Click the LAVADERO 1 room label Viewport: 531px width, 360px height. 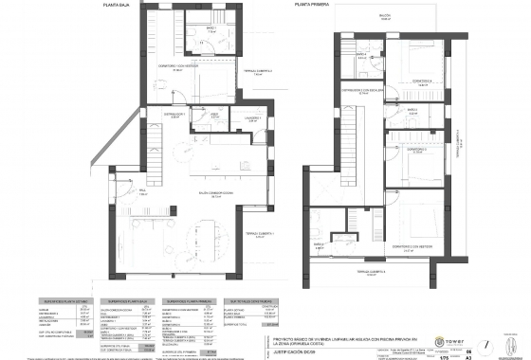click(253, 118)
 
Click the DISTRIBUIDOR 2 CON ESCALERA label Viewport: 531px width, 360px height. click(362, 92)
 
